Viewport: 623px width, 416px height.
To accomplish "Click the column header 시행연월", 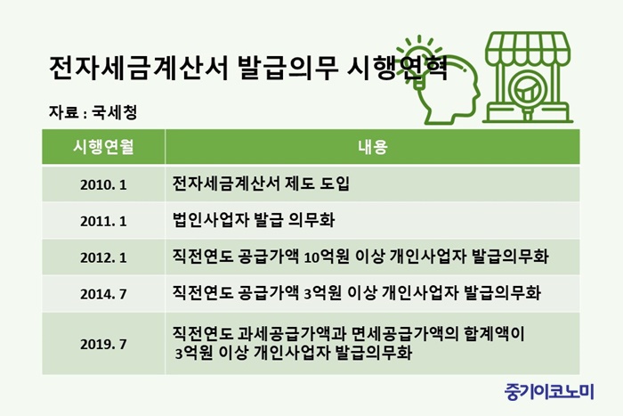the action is click(x=103, y=147).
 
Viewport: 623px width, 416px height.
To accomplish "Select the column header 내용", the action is click(x=372, y=147).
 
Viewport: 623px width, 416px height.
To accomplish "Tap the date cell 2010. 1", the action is click(x=103, y=184).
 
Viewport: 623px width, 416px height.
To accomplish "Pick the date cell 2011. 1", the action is click(x=103, y=221).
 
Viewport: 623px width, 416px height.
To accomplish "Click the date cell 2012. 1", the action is click(x=103, y=257).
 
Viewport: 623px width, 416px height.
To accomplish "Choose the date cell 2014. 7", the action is click(x=103, y=294).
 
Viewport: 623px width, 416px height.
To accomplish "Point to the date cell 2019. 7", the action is click(x=103, y=344).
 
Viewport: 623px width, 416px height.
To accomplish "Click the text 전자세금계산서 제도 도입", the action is click(x=261, y=184).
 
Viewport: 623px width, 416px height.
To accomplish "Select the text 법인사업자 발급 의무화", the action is click(x=254, y=220).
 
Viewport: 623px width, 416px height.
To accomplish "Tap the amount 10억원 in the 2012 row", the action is click(x=327, y=257).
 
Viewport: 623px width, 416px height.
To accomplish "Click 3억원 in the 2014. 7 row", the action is click(x=322, y=293).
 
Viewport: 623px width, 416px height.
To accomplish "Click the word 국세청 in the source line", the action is click(x=115, y=112).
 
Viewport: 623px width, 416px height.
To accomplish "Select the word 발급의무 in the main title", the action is click(x=288, y=68).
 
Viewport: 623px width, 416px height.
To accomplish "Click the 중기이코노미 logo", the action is click(x=549, y=391).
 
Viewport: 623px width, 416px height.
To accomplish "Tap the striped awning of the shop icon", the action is click(x=528, y=48).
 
